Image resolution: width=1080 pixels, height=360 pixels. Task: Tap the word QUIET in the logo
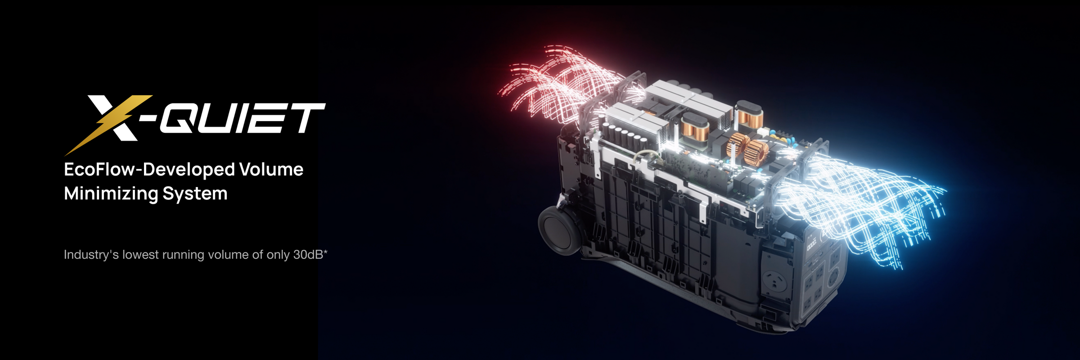(x=243, y=118)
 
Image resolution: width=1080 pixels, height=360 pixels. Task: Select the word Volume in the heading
(x=271, y=169)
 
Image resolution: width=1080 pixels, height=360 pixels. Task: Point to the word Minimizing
(x=111, y=194)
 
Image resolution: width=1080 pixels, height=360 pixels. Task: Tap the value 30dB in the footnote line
(x=308, y=255)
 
